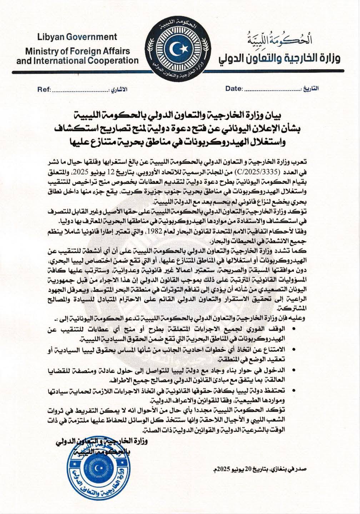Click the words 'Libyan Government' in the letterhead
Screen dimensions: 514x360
(x=77, y=37)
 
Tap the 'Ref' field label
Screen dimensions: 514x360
(x=44, y=89)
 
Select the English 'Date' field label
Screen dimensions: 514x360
(x=234, y=89)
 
